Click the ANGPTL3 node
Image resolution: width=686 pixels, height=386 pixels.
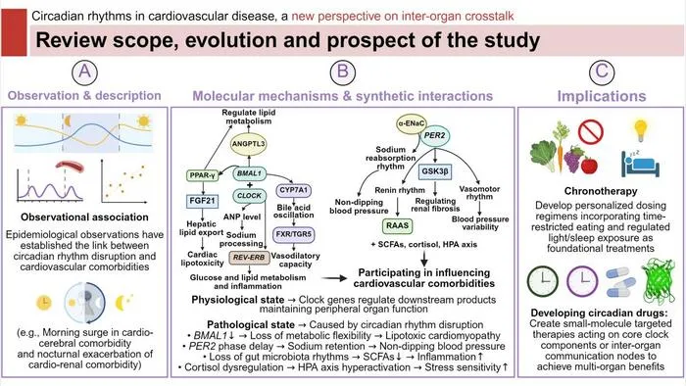[x=248, y=144]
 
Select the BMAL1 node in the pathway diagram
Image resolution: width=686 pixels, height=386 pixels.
[x=249, y=173]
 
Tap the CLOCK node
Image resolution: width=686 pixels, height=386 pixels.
[x=249, y=196]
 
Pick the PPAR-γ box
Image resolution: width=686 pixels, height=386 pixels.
[x=202, y=175]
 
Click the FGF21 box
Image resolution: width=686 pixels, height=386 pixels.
[x=202, y=201]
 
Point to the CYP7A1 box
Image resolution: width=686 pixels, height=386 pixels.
[x=294, y=191]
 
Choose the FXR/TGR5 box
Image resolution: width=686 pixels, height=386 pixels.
[x=294, y=234]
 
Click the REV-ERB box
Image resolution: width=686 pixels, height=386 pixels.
[x=249, y=258]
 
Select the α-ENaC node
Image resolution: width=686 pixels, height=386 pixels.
[x=411, y=123]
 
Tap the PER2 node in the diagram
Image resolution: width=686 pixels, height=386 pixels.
[x=434, y=135]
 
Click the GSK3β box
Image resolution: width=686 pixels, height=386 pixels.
[x=434, y=171]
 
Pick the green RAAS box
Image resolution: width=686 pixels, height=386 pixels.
[x=397, y=226]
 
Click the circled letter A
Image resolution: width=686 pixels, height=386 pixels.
[x=84, y=72]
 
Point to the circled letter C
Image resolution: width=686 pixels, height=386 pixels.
[x=602, y=72]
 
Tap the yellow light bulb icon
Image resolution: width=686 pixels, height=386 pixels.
[x=641, y=130]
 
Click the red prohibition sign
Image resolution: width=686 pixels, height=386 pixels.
[x=591, y=131]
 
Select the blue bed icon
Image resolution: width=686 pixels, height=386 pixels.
[x=640, y=163]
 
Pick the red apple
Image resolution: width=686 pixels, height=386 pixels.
[x=589, y=166]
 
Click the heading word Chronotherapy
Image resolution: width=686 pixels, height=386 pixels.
[x=601, y=191]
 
